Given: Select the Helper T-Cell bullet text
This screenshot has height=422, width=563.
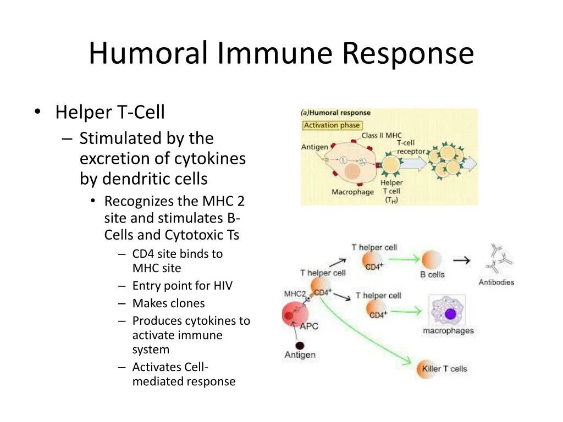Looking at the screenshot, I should click(x=110, y=112).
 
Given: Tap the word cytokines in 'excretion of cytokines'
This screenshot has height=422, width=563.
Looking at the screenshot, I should click(x=210, y=159).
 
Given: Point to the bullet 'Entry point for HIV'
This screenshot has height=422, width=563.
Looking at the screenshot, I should click(x=182, y=286).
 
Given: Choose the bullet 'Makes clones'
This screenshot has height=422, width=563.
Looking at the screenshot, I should click(x=168, y=303).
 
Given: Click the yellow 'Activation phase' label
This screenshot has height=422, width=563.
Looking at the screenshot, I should click(x=332, y=125).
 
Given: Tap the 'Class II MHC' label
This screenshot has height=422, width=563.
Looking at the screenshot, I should click(x=382, y=135).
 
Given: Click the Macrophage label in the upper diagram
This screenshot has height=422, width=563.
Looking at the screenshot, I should click(x=352, y=192).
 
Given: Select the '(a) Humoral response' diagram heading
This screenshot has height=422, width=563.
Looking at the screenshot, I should click(x=336, y=113).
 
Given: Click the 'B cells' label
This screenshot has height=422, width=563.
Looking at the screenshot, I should click(x=432, y=274).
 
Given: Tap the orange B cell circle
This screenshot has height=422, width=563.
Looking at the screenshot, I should click(x=432, y=259).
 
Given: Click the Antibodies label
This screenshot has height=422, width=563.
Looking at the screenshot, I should click(x=496, y=282).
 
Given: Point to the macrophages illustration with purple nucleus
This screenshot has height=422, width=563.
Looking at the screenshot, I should click(x=448, y=312).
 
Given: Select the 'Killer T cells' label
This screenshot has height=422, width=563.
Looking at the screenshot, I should click(x=445, y=369).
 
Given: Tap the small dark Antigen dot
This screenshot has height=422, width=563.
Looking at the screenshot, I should click(x=300, y=346).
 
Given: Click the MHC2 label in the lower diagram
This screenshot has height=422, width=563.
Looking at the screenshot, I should click(x=294, y=293).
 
